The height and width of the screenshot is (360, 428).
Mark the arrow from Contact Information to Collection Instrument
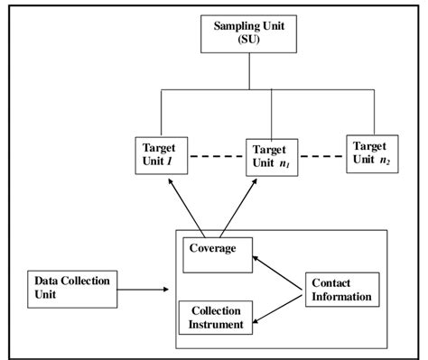click(x=279, y=307)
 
